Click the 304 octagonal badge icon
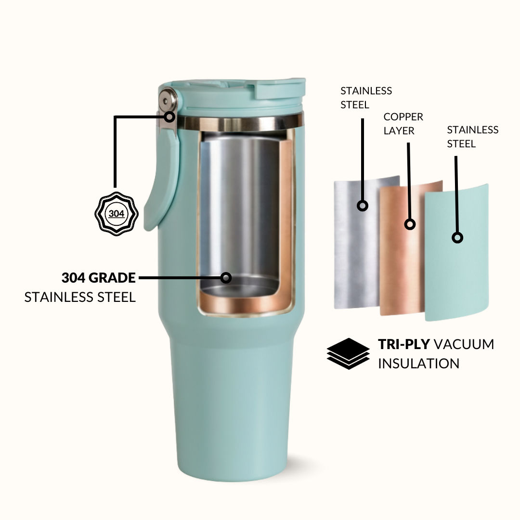[117, 214]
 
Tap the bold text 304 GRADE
[99, 278]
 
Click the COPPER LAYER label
[403, 124]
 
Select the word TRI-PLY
[404, 344]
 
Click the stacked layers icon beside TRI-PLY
[348, 353]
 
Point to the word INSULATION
[418, 364]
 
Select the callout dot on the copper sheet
[410, 224]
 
